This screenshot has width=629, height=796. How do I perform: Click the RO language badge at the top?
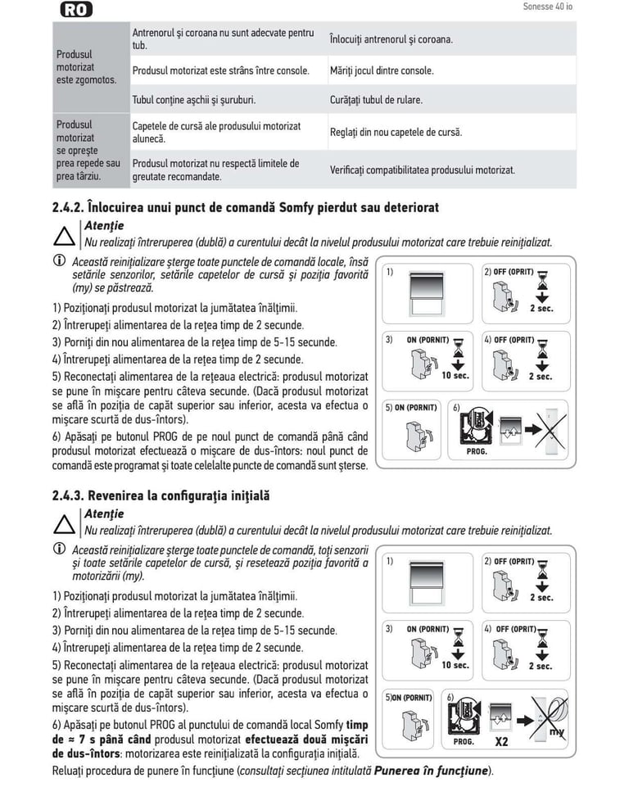point(76,10)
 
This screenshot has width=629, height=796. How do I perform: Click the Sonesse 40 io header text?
point(547,7)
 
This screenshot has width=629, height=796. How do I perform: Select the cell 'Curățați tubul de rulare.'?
point(376,100)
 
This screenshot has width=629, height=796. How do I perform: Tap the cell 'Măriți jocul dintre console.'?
point(382,70)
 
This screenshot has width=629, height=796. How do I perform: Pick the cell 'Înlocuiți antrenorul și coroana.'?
point(391,39)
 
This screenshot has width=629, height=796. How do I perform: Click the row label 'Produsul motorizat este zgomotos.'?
point(86,67)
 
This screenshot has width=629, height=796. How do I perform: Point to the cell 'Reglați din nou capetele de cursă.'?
point(396,132)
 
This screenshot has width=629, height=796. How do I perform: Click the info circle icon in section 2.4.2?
point(59,260)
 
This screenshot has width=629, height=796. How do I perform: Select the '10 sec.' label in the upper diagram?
point(455,376)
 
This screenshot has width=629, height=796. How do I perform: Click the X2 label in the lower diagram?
point(502,742)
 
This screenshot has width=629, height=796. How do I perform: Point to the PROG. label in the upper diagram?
point(477,451)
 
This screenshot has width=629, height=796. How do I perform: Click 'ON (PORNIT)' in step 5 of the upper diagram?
point(416,407)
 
